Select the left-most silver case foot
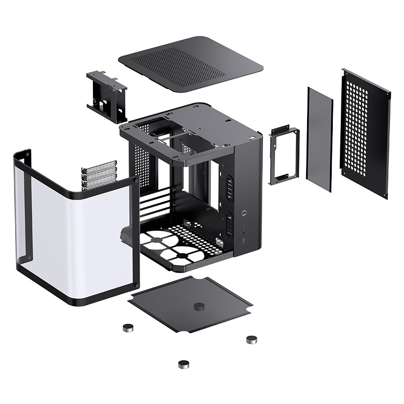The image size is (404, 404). click(x=128, y=328)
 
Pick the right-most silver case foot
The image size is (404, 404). click(x=251, y=339)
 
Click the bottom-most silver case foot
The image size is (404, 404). click(x=184, y=363)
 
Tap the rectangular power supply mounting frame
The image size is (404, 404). click(x=284, y=156)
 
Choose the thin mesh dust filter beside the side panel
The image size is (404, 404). click(x=320, y=138)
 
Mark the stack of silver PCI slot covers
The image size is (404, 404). click(x=98, y=175)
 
